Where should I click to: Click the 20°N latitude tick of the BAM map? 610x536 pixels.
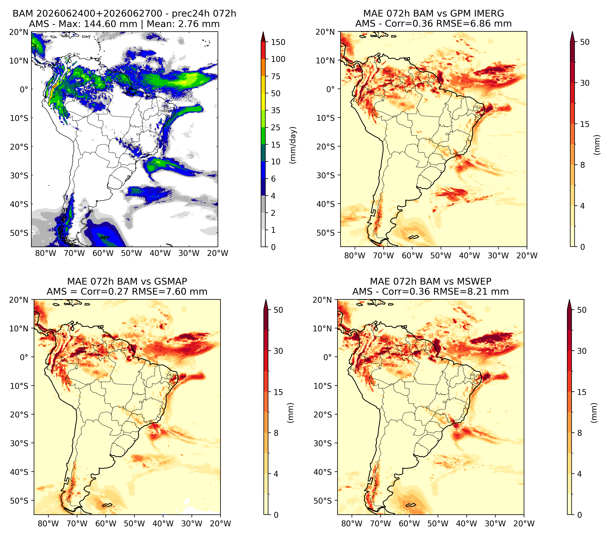tap(18, 32)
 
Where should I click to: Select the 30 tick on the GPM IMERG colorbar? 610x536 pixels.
tap(585, 83)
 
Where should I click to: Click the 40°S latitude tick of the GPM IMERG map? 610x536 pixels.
tap(326, 204)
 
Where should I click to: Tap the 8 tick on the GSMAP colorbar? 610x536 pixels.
tap(276, 433)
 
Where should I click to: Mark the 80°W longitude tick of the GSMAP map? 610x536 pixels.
tap(48, 524)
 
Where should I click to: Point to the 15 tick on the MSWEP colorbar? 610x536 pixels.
tap(582, 392)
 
